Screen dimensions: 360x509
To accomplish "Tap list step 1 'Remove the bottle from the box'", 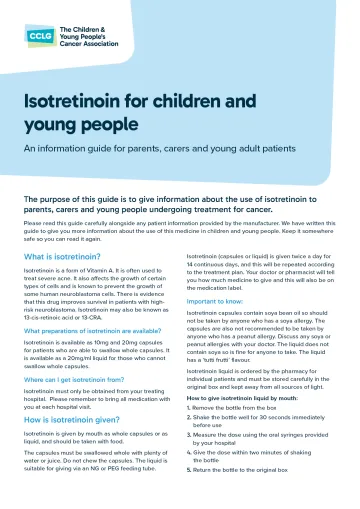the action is pos(245,436).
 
